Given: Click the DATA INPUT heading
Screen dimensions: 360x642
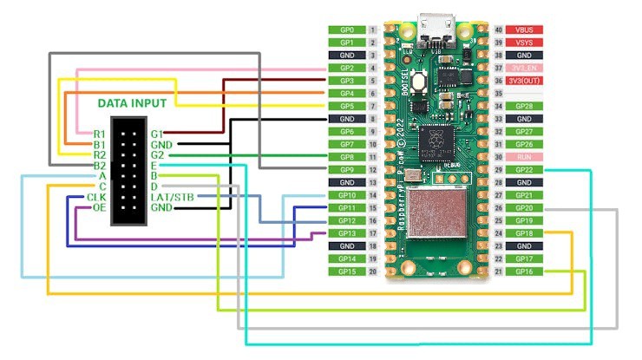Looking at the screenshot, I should [133, 102].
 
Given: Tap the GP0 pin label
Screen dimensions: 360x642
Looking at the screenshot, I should [346, 29].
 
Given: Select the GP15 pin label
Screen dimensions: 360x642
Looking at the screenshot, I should [346, 272].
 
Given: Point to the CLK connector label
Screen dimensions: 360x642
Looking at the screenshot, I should [96, 198].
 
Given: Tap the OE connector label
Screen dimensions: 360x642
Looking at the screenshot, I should [100, 208].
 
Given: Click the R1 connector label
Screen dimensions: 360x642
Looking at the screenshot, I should [100, 134].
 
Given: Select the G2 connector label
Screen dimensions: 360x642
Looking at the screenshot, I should [157, 155].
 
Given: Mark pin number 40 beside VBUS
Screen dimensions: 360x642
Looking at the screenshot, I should [499, 29].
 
